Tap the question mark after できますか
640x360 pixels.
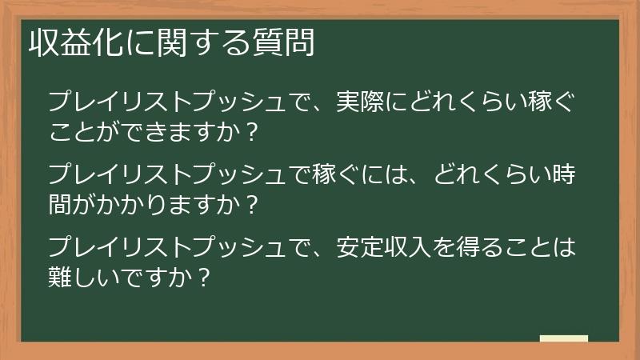[254, 132]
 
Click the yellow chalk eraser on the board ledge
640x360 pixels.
[564, 339]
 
